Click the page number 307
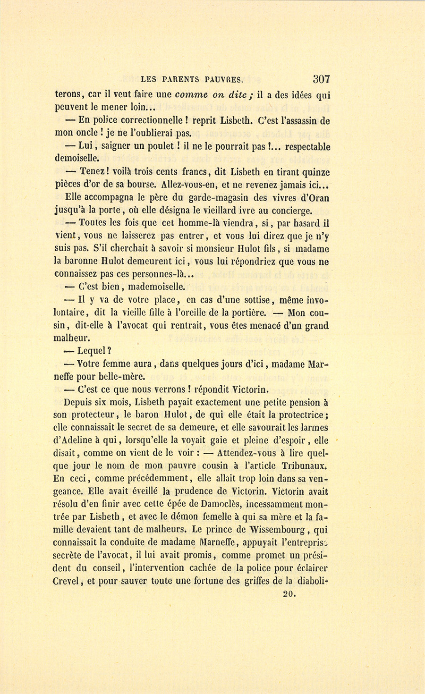click(x=321, y=79)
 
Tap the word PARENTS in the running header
click(x=182, y=80)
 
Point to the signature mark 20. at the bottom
click(x=289, y=594)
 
